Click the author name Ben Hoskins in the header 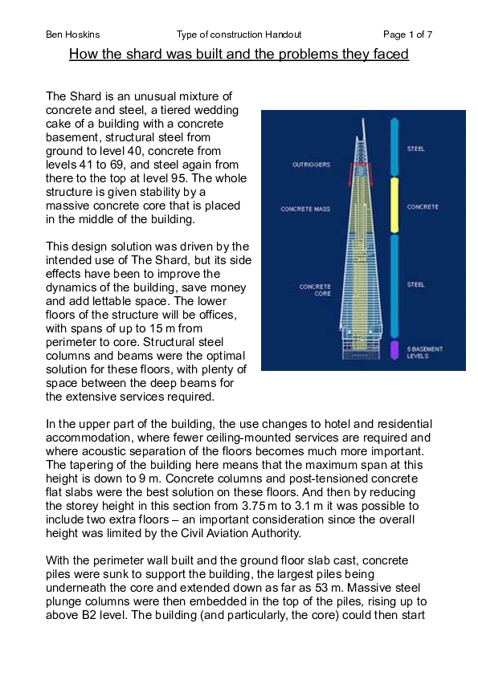click(72, 35)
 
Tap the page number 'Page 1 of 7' click(407, 35)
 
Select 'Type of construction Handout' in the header click(239, 35)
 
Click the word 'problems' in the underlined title click(302, 55)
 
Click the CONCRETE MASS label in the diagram click(305, 210)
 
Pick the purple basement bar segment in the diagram click(394, 349)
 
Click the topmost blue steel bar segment click(394, 148)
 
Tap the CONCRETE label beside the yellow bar click(422, 207)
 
